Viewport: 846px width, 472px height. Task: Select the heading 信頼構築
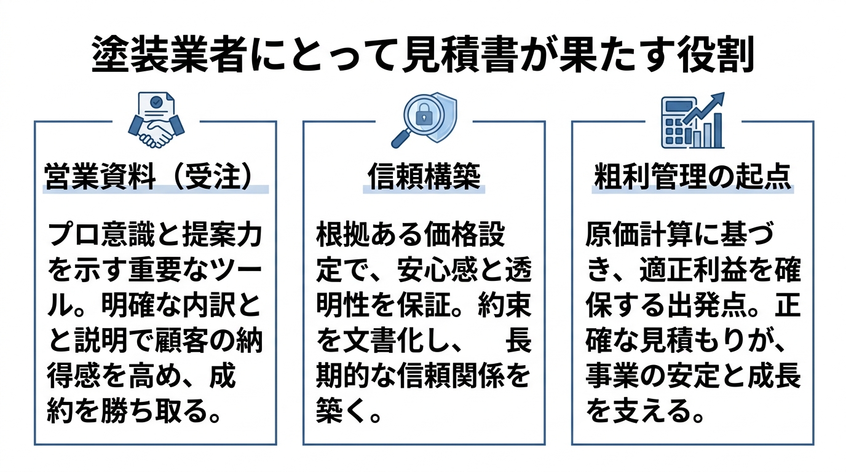[x=424, y=177]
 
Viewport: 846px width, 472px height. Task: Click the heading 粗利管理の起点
[x=693, y=177]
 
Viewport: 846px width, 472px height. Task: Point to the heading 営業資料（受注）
[x=148, y=177]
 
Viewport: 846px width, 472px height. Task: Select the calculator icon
[x=678, y=123]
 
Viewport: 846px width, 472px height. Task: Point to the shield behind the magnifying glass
[x=446, y=117]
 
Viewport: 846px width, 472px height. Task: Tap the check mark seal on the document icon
[x=156, y=102]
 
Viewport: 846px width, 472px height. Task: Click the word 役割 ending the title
[x=715, y=55]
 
